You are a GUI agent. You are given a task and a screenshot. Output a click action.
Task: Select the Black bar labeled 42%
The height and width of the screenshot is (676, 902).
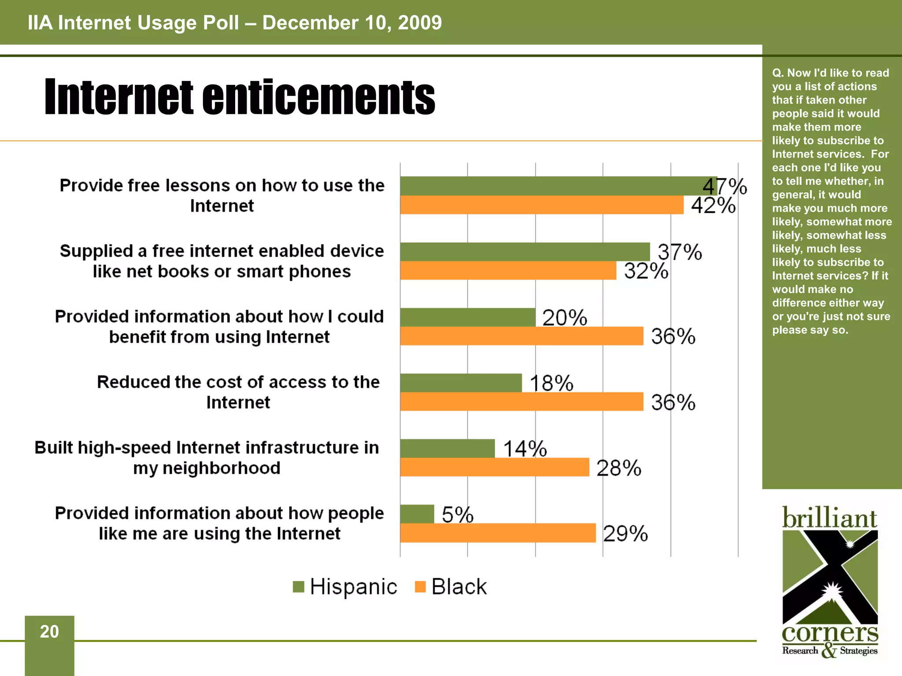coord(542,205)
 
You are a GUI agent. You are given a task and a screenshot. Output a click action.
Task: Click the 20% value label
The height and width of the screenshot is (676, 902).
coord(565,317)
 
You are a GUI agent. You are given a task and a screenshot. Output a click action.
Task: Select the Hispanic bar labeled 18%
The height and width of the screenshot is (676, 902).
coord(461,383)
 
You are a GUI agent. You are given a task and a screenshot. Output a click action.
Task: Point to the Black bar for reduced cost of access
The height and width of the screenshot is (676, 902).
coord(521,402)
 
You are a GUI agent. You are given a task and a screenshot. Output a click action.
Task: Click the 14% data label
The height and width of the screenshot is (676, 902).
coord(525,449)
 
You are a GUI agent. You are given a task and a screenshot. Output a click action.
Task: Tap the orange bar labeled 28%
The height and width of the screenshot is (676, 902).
coord(495,467)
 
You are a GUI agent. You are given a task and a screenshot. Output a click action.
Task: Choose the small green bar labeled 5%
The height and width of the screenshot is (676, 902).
coord(417,514)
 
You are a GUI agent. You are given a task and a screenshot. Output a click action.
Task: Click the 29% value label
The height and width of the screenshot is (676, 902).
coord(625,533)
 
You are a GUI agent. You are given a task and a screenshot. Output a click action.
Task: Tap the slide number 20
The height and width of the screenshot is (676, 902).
coord(49,632)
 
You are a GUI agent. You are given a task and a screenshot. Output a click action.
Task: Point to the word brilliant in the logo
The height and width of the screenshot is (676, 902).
coord(829,518)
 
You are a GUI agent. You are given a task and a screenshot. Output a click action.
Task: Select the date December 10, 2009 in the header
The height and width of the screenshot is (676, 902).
coord(352,23)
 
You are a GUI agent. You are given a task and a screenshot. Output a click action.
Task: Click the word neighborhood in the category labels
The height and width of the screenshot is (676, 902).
coord(222,468)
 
